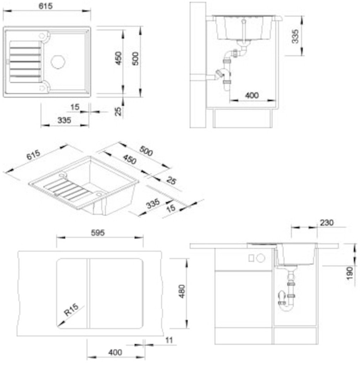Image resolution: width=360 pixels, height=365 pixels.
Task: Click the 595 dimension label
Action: (98, 232)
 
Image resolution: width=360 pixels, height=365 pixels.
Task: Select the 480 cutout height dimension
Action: (182, 291)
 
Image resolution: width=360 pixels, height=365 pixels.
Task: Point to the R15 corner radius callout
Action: (71, 310)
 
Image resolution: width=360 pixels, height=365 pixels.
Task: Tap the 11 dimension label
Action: (169, 340)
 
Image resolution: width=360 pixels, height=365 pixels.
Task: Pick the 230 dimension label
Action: (327, 223)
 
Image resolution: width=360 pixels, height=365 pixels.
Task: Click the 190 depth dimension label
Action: (350, 273)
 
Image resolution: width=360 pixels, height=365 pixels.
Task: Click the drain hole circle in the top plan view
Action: (58, 62)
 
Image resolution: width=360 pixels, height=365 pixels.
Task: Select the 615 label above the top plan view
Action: (46, 6)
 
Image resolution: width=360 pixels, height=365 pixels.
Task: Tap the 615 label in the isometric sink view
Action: (33, 155)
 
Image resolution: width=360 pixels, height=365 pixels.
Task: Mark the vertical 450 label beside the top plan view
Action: (118, 58)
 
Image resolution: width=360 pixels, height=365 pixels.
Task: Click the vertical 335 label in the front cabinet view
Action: (295, 36)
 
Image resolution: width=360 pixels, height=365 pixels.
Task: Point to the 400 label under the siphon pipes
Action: (252, 95)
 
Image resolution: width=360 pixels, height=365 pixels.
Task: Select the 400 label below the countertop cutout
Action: (115, 352)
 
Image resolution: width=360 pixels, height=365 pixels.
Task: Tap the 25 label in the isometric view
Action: (171, 181)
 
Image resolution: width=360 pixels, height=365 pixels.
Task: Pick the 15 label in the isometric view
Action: (171, 208)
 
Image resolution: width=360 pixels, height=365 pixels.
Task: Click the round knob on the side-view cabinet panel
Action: (260, 258)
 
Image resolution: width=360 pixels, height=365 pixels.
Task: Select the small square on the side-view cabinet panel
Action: (251, 258)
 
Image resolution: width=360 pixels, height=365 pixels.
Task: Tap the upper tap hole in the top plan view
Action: (42, 36)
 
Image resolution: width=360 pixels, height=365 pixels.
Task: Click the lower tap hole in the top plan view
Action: (42, 88)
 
